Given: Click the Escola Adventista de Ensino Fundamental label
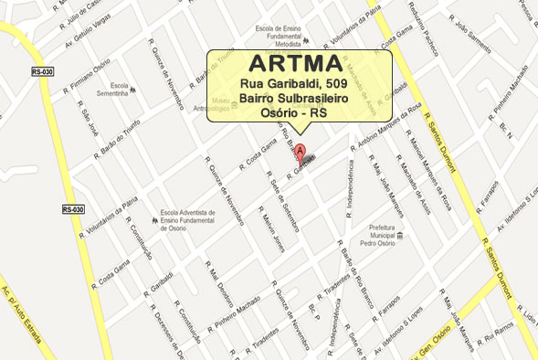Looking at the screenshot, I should [x=195, y=220].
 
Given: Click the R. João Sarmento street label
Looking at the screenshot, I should [x=484, y=39].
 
